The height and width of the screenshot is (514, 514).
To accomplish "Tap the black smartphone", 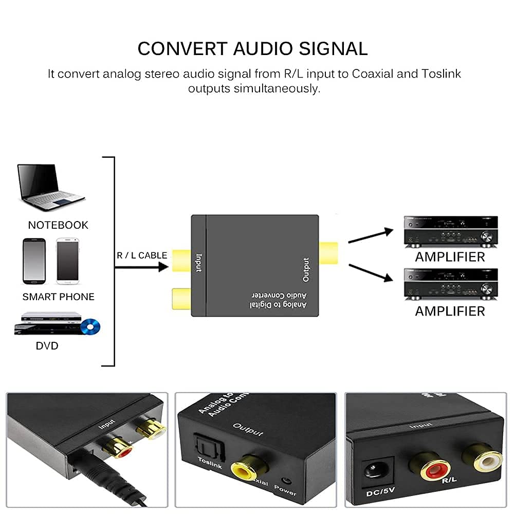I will coord(34,261).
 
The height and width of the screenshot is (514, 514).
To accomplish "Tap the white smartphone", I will coord(67,261).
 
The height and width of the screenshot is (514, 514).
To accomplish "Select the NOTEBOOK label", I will coord(58,225).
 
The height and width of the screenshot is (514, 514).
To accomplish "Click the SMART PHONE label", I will coord(59,297).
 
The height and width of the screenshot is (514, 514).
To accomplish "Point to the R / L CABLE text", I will coord(141,255).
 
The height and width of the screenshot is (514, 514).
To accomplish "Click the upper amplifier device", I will coord(450,230).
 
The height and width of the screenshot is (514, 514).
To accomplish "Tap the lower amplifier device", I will coord(450,284).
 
